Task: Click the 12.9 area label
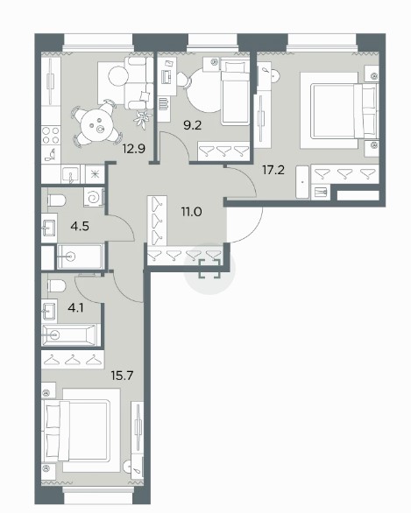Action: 133,149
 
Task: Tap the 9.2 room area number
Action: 192,125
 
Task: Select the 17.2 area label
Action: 273,170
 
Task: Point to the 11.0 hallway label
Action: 192,212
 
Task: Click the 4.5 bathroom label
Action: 80,226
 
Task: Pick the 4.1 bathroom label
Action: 75,308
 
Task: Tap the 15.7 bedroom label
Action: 122,376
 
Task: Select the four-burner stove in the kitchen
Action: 51,136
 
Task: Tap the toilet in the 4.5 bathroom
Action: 56,200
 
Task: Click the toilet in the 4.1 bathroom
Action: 56,286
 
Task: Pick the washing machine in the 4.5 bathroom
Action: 94,197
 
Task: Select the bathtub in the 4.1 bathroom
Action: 69,334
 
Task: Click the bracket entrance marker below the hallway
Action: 209,268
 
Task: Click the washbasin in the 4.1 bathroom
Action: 49,311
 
